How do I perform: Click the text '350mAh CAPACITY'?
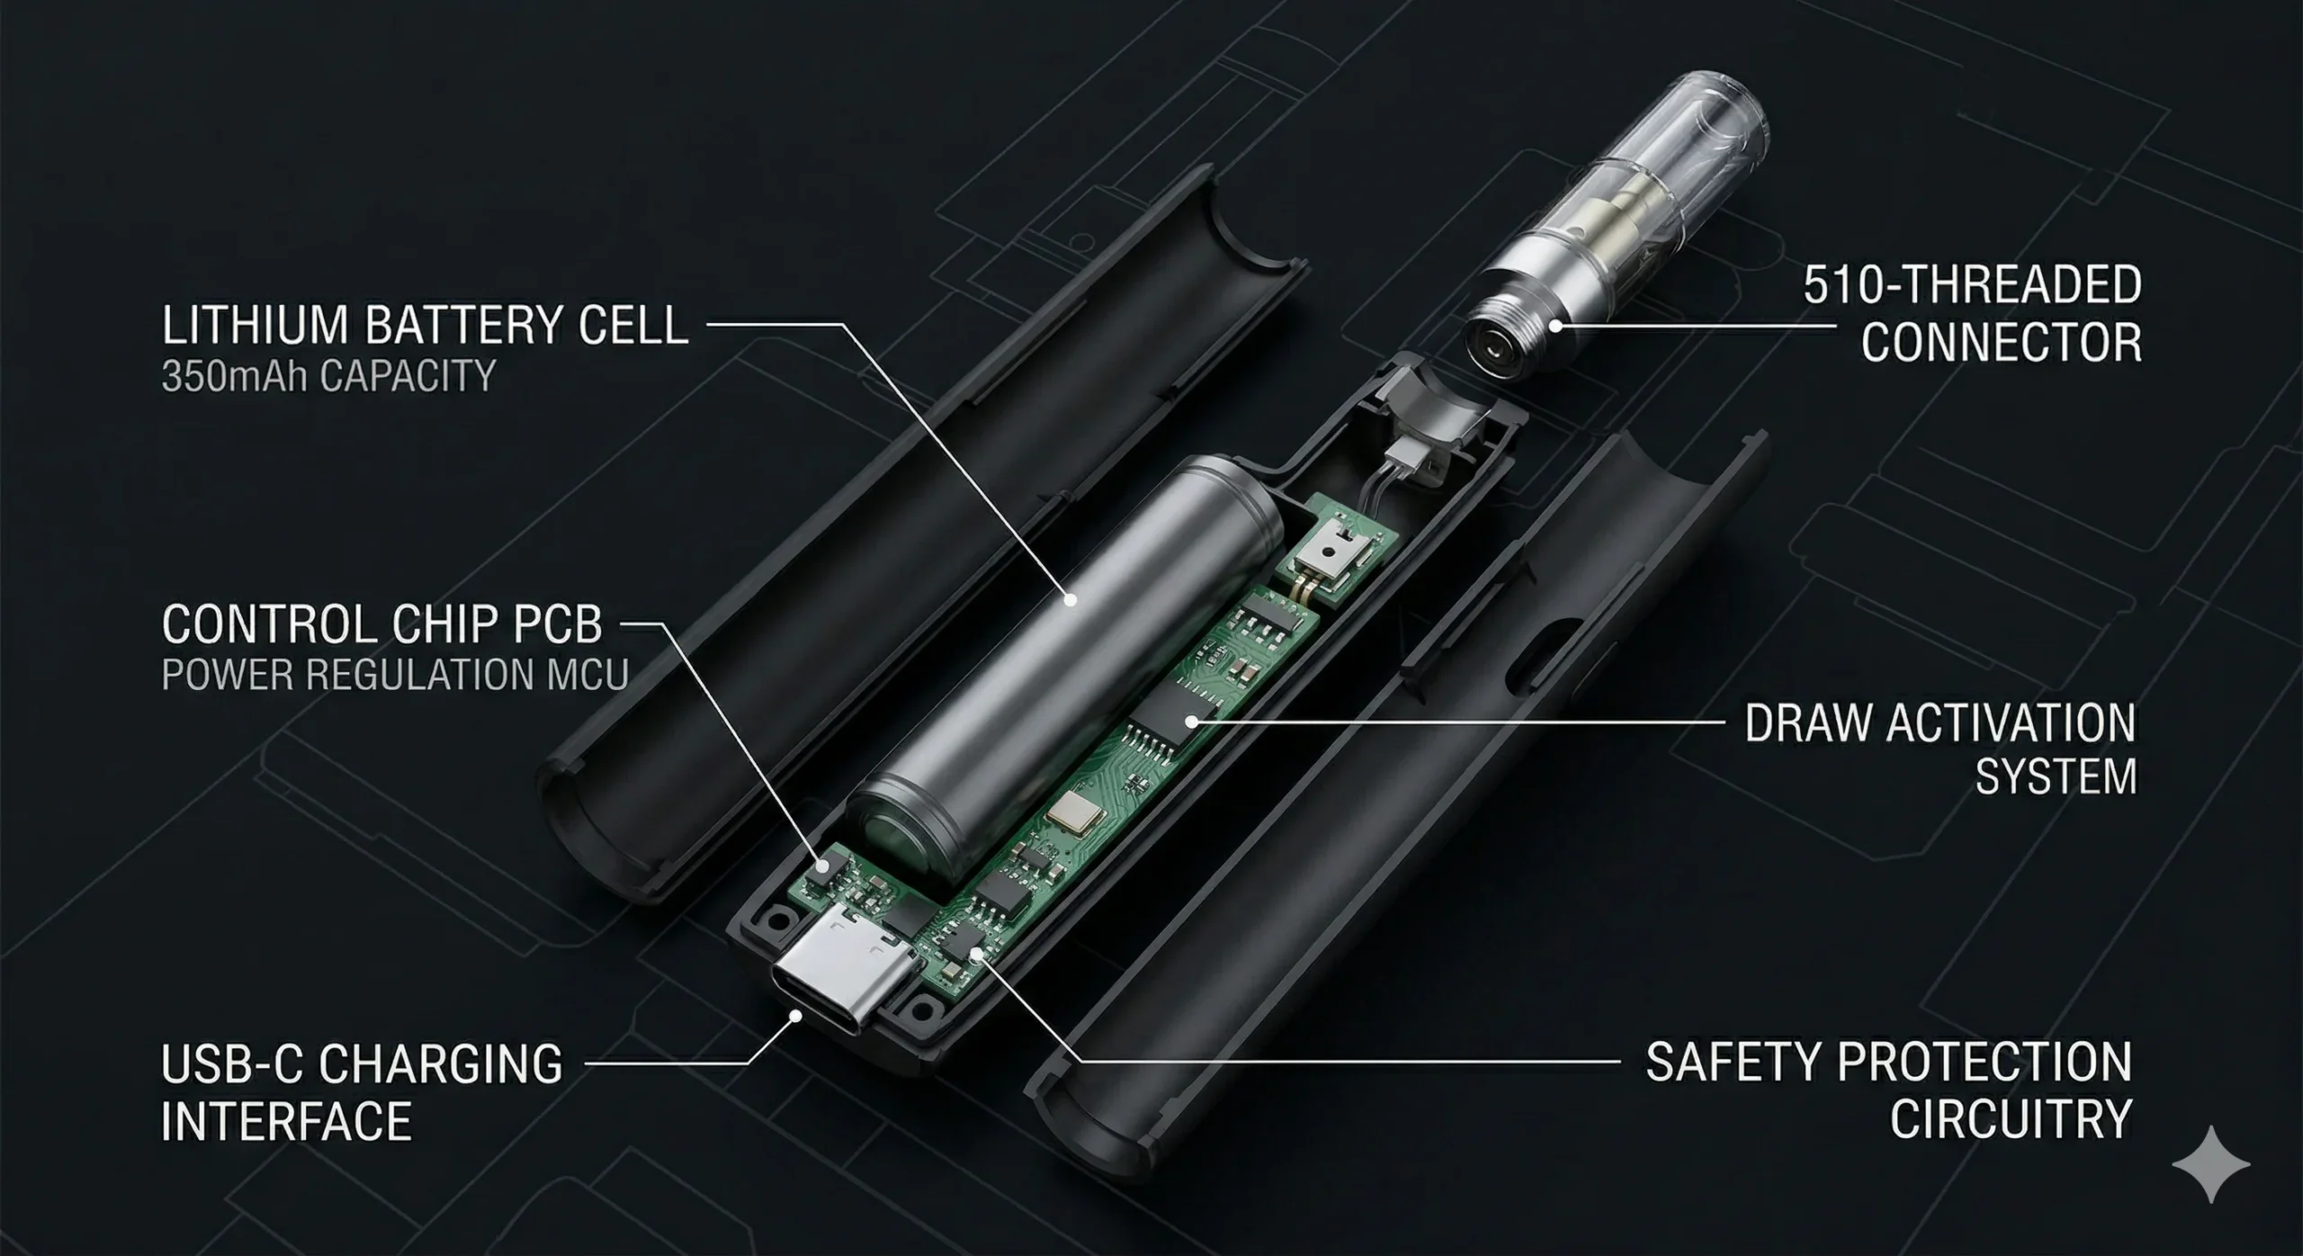328,376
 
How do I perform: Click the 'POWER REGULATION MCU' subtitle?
394,675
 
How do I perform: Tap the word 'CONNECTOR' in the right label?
2001,343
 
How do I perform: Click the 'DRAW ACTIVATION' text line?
1940,722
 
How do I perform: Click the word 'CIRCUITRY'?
2010,1118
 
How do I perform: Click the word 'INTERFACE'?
286,1121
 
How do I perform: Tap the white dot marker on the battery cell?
1071,599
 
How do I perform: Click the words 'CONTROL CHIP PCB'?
381,624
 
